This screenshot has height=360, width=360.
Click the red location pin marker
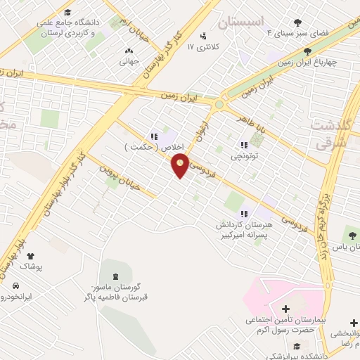click(x=181, y=165)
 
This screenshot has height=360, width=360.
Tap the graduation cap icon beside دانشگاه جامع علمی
click(x=67, y=12)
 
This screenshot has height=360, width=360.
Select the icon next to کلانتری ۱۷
click(x=203, y=36)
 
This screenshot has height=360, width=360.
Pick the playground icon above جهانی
click(x=128, y=51)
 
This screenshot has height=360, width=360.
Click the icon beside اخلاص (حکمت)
click(x=153, y=137)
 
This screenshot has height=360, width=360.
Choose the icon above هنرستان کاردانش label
click(x=244, y=214)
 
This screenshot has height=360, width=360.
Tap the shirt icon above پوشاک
click(x=31, y=257)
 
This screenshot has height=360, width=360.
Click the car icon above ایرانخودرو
click(x=15, y=285)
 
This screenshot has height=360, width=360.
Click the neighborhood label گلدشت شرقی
click(x=333, y=134)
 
